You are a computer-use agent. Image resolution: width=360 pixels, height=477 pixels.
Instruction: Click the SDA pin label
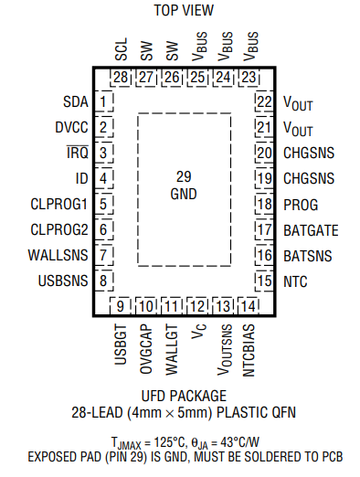click(77, 101)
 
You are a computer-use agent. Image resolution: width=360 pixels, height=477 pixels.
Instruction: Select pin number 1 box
click(106, 101)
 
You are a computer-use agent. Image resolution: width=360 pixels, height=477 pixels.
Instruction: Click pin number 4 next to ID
click(106, 178)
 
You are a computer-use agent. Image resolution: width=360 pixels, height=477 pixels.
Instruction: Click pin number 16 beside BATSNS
click(265, 255)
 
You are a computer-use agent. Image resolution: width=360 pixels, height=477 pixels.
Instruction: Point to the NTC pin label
click(296, 281)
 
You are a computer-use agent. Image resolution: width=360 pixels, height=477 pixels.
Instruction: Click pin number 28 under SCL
click(122, 78)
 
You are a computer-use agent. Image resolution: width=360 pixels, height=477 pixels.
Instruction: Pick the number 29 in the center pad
click(184, 177)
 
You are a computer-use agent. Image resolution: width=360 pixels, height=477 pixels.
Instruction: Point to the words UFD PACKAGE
click(184, 396)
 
